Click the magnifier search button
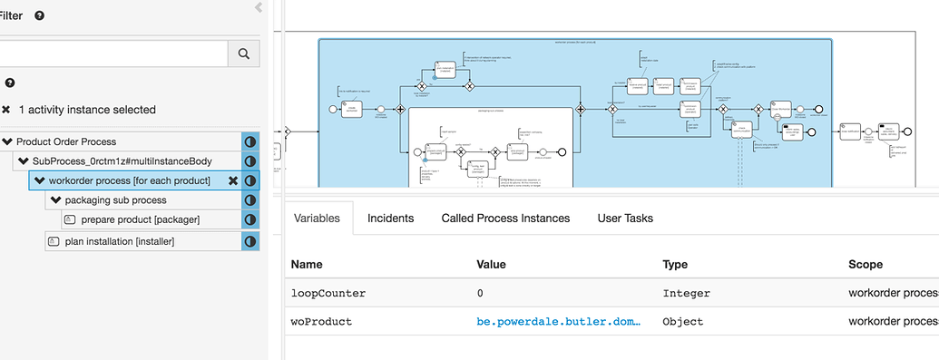point(243,54)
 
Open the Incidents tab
point(390,218)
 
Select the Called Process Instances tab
point(505,218)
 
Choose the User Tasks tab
point(625,218)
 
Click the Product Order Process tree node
point(66,141)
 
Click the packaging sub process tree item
point(115,199)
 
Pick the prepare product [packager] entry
point(140,219)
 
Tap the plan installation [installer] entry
point(119,241)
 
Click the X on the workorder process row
point(232,181)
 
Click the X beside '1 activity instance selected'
point(6,110)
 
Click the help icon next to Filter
point(40,15)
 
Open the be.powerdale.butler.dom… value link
point(559,321)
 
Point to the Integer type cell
point(687,293)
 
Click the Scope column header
point(865,264)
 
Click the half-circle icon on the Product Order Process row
point(250,141)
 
